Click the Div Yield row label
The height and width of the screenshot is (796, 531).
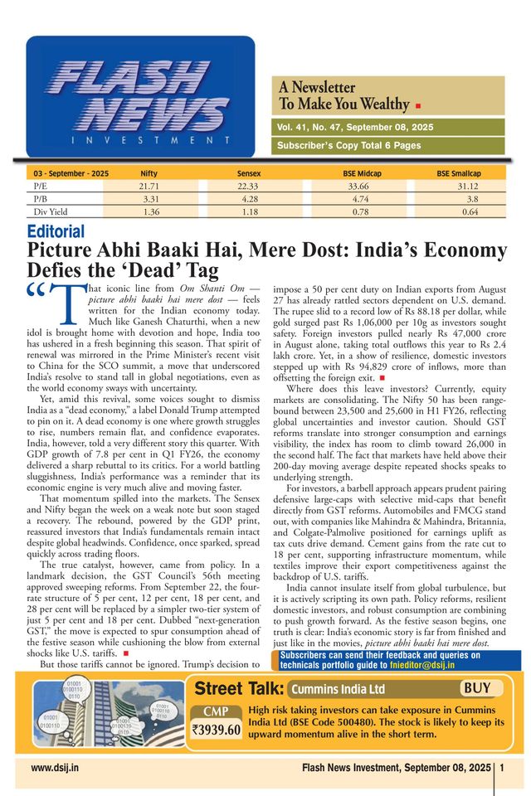point(51,212)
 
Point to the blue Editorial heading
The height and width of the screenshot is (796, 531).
point(56,232)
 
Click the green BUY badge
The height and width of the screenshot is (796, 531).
point(481,688)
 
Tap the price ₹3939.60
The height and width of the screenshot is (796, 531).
point(216,730)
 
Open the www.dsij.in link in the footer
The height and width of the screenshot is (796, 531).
point(55,768)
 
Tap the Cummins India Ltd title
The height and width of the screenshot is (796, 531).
point(339,689)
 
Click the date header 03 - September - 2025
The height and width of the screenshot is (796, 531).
point(71,173)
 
